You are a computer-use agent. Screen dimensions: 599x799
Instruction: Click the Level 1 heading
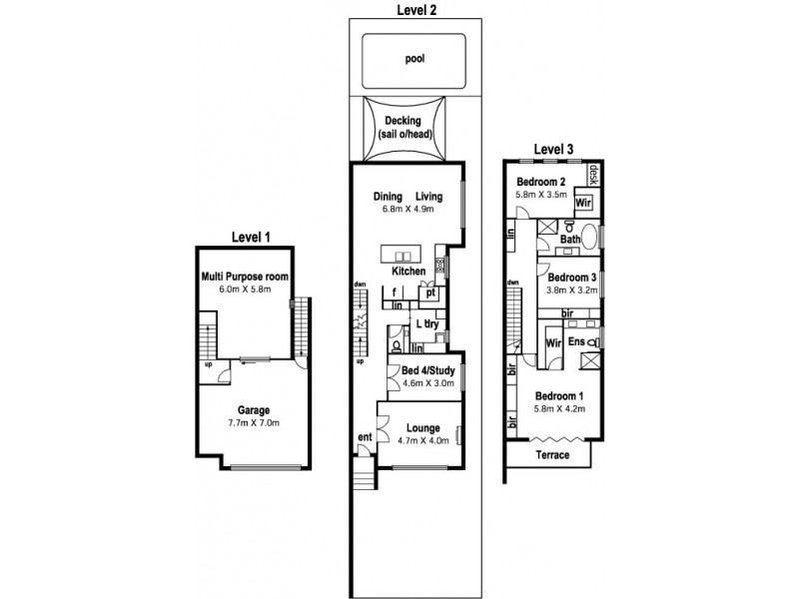tap(251, 237)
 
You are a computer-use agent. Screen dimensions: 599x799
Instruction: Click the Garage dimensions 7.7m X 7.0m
tap(254, 422)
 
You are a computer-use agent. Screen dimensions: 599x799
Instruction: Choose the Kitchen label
tap(409, 272)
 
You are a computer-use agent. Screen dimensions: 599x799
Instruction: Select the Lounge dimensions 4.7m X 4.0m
tap(419, 440)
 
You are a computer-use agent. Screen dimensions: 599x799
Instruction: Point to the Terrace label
tap(551, 455)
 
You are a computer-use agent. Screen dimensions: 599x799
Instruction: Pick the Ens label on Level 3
tap(576, 341)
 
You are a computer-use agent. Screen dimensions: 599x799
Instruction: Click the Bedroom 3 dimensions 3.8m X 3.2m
tap(571, 291)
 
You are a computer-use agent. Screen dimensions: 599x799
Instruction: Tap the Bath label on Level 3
tap(569, 240)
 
